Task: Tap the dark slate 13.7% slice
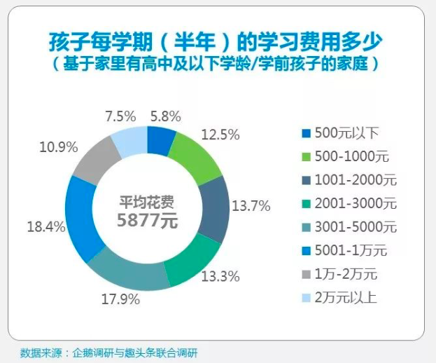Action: click(x=214, y=207)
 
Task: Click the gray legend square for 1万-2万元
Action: click(x=305, y=273)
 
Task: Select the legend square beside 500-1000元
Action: click(x=305, y=156)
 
